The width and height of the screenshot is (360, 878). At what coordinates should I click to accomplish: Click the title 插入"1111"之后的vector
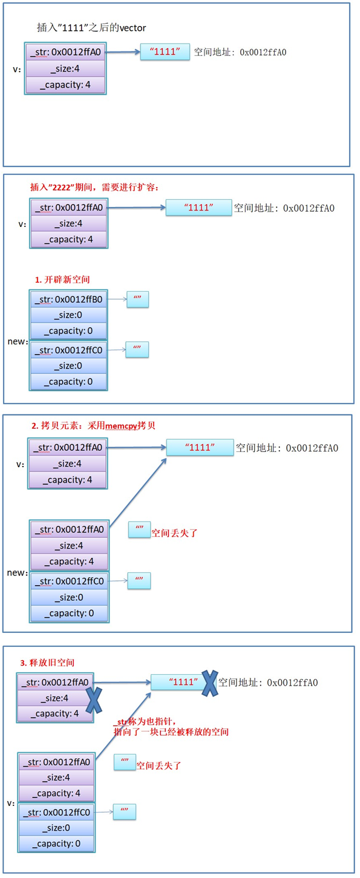tap(91, 28)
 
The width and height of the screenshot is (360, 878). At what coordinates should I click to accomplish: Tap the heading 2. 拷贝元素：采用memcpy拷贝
tap(93, 425)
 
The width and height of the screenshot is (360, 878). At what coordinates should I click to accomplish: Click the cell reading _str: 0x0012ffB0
tap(68, 300)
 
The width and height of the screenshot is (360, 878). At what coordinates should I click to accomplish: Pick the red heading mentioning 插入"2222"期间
tap(93, 186)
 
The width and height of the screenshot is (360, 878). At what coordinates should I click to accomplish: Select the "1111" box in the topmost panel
tap(165, 52)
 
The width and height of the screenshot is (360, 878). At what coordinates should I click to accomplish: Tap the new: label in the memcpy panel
tap(18, 572)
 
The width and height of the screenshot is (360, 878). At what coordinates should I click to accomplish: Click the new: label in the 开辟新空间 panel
tap(18, 341)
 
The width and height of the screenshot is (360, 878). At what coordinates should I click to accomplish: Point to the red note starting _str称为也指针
tap(171, 727)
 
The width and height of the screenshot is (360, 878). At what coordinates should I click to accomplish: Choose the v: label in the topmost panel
tap(17, 69)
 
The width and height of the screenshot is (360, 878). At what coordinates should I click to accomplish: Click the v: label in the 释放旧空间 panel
tap(10, 803)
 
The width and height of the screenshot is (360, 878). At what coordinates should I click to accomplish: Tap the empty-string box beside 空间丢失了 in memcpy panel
tap(139, 531)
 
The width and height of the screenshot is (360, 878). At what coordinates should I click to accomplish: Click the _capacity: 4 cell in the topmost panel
tap(65, 85)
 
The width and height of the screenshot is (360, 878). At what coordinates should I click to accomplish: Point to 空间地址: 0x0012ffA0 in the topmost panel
tap(240, 53)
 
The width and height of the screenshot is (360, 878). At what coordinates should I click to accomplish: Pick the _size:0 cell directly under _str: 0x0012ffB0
tap(68, 315)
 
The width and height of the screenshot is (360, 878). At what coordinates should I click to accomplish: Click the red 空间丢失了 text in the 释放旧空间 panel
tap(159, 765)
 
